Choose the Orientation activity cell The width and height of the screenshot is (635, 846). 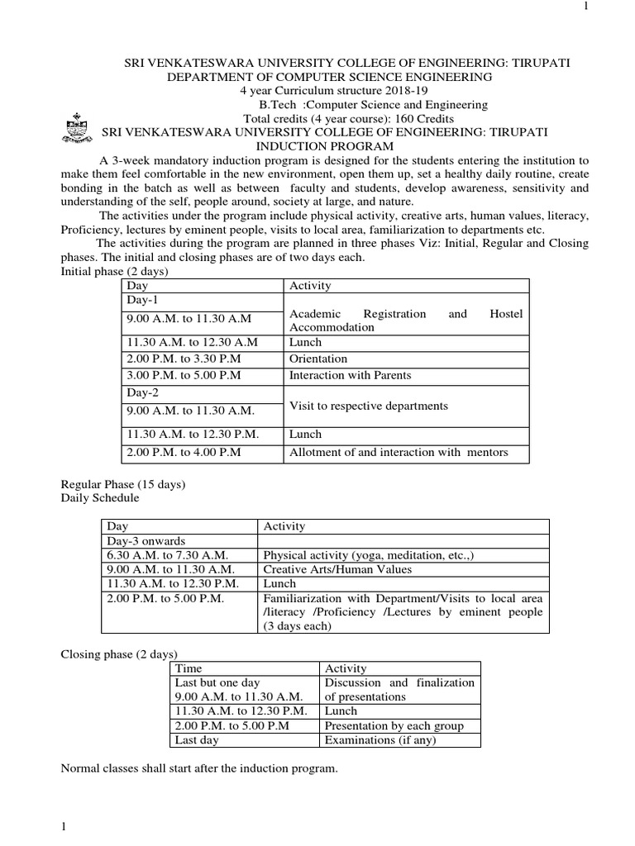[x=318, y=359]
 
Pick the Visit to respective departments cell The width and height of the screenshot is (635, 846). [x=369, y=406]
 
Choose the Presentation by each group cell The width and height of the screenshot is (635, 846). [x=394, y=725]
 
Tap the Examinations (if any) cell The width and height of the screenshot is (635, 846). [x=382, y=740]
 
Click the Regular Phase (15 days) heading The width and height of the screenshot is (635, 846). [x=124, y=484]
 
